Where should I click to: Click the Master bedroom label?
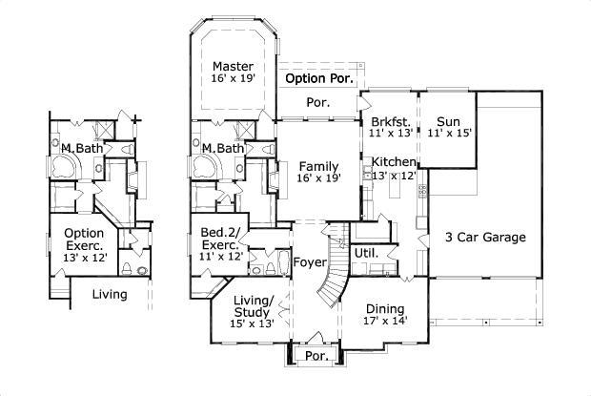[233, 66]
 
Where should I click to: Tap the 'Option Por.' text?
[320, 77]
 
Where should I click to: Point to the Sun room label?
[448, 122]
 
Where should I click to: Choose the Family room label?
[317, 164]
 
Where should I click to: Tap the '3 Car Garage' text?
[485, 237]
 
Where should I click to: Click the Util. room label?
[366, 254]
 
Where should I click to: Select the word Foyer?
[310, 262]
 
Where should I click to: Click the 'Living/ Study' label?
[253, 307]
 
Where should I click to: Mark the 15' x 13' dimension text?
[253, 323]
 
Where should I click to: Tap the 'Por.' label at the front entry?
[315, 356]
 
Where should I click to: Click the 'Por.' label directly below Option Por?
[317, 101]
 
